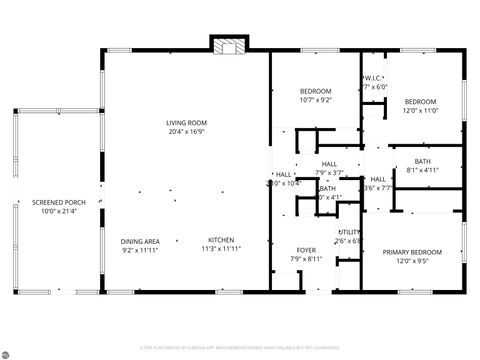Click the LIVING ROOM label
187,122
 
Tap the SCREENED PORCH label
58,202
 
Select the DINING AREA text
140,240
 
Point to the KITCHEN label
221,240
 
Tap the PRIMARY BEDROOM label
413,252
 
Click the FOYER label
306,250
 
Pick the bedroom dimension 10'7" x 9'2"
315,100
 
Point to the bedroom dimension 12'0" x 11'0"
420,111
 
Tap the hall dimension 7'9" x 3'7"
329,173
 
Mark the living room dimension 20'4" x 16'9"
187,131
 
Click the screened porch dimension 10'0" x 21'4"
58,211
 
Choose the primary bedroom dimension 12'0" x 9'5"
413,261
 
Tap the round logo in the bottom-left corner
10,350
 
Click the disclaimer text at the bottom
240,347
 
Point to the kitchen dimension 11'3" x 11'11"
221,249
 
